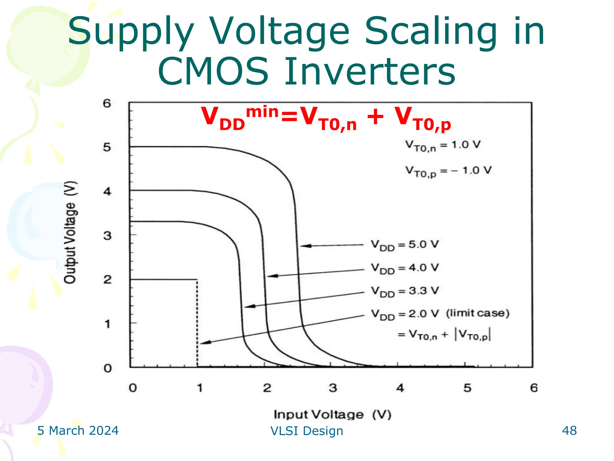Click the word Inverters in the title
369,72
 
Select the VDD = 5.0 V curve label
405,245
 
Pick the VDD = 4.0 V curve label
405,268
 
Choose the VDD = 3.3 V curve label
405,291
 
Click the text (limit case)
478,313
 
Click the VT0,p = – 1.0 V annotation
448,171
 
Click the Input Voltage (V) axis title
332,414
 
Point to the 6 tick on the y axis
107,104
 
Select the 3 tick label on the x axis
333,388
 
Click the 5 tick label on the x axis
467,388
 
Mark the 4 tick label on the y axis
107,191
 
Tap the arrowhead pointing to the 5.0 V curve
306,246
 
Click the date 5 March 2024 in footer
78,431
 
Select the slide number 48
569,431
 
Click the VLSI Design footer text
307,431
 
